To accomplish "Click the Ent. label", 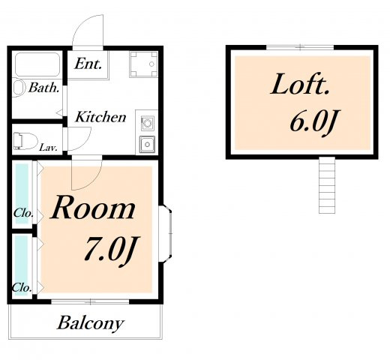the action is point(88,64).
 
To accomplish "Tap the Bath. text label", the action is point(44,88).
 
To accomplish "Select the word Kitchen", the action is point(100,117).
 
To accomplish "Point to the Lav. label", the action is point(48,148).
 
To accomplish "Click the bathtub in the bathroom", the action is point(37,64).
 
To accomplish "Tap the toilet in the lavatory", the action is point(25,141).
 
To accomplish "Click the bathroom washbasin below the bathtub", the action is point(19,87).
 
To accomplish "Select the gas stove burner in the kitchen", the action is point(148,123).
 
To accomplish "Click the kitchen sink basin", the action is point(147,144).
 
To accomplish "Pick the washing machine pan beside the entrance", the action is point(144,64).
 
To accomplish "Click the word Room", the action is point(94,208).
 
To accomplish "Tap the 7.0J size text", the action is point(111,251).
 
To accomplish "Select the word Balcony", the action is point(91,323).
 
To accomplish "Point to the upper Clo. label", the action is point(23,213).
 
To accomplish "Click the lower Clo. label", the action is point(22,288).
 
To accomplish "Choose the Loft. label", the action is point(300,84).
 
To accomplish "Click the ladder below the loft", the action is point(327,185).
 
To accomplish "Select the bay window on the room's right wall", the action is point(166,233).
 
